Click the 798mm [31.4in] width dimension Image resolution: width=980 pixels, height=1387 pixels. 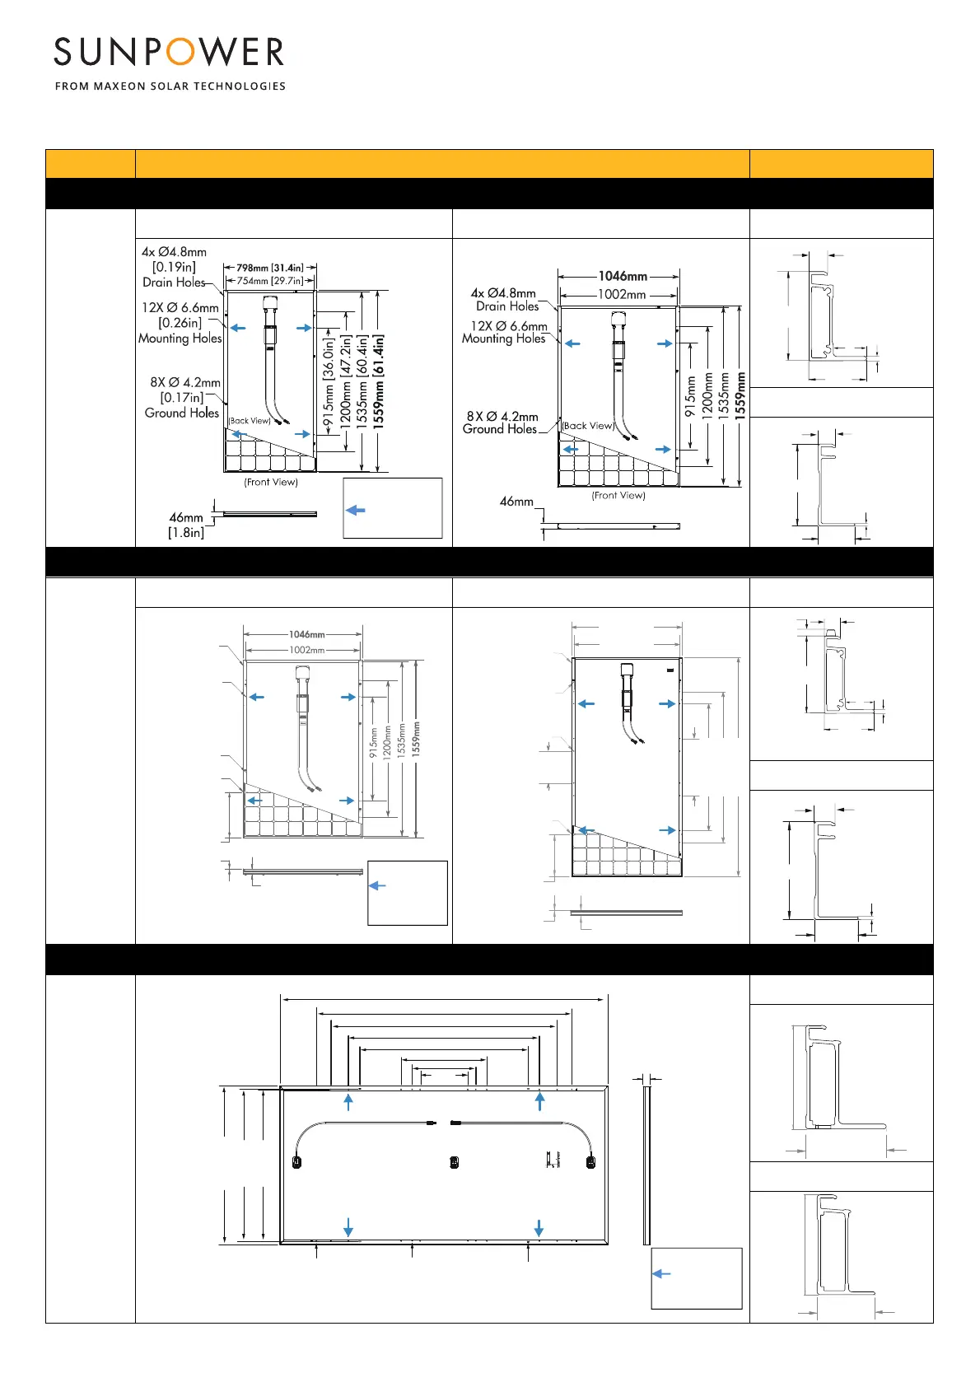click(270, 268)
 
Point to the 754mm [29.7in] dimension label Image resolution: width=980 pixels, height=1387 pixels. click(270, 281)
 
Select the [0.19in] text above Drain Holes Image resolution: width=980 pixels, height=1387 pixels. click(174, 267)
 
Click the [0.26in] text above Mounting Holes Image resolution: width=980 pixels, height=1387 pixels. click(180, 323)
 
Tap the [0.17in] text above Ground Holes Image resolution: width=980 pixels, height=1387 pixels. click(182, 398)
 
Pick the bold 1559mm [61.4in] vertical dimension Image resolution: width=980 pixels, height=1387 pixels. click(379, 380)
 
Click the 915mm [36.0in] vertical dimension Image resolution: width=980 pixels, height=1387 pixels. click(329, 382)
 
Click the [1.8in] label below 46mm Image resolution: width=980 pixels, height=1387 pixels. click(186, 533)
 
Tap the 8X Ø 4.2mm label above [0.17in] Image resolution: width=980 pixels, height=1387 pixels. click(185, 383)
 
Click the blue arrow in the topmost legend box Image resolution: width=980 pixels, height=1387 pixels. click(356, 511)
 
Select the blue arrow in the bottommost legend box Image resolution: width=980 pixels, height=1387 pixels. click(661, 1273)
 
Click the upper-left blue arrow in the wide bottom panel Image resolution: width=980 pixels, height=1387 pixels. click(349, 1102)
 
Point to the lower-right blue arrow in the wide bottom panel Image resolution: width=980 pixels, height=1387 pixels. click(539, 1227)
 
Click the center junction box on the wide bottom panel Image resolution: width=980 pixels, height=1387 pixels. click(454, 1162)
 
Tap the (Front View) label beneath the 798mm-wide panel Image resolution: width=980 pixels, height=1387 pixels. click(271, 483)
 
